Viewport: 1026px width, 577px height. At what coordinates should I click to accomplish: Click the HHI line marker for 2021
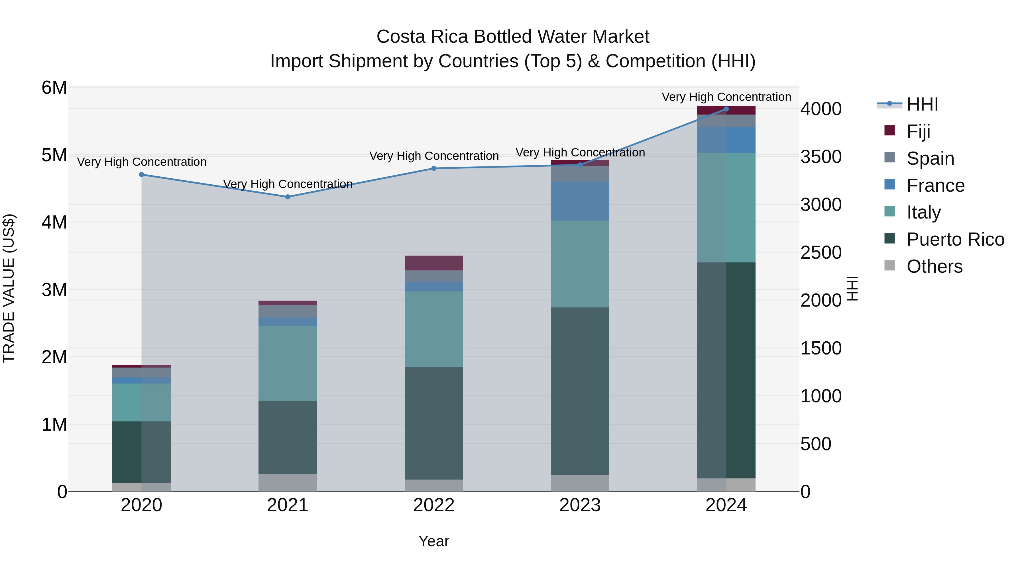288,197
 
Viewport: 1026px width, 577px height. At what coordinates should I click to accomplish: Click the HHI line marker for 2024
726,109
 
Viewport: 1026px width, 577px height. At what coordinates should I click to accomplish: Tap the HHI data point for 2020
141,174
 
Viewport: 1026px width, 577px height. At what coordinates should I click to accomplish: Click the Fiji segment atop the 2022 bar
434,263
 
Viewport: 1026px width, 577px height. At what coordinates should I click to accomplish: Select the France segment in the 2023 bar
580,201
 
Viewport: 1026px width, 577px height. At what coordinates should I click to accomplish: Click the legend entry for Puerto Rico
955,239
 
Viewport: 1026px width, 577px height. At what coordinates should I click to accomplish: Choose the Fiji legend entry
918,131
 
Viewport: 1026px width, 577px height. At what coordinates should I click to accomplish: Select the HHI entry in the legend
922,104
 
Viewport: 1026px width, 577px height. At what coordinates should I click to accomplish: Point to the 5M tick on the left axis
54,155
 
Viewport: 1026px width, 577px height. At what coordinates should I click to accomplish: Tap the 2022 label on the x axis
434,505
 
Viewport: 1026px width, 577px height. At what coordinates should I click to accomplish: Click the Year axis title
434,541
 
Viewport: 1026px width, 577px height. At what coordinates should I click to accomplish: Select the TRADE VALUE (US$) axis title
9,288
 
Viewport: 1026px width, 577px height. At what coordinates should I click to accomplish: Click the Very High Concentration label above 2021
288,184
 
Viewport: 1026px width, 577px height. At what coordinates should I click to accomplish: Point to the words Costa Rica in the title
422,37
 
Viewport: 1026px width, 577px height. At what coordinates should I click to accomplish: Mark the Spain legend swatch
889,158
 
